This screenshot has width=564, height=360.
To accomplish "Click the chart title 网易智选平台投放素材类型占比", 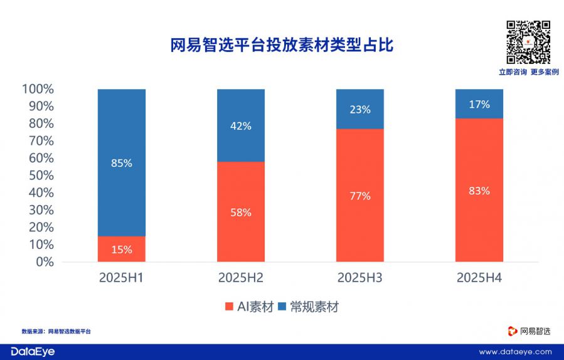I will [x=282, y=46].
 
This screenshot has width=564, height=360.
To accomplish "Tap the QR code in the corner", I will [x=528, y=42].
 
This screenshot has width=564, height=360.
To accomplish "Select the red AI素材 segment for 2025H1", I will [x=122, y=249].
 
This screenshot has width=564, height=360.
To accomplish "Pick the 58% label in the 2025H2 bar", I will [x=240, y=213].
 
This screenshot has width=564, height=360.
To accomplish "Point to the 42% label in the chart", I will [x=240, y=126].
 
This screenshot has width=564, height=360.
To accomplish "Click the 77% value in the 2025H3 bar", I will [x=359, y=196].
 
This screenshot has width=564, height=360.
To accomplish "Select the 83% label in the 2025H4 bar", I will [x=479, y=191].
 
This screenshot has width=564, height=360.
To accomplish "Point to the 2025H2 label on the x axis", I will [x=240, y=277].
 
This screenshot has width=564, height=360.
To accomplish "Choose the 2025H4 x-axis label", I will [x=479, y=277].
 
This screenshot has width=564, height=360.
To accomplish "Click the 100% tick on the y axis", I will [x=38, y=89].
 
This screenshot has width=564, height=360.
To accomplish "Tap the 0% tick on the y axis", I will [x=44, y=262].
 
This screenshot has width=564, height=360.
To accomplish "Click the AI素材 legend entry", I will [x=249, y=307].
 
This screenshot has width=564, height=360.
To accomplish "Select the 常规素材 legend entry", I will [x=311, y=307].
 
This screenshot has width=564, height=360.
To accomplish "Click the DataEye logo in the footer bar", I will [x=33, y=352].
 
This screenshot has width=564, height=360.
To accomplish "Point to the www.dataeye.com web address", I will [x=515, y=352].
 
